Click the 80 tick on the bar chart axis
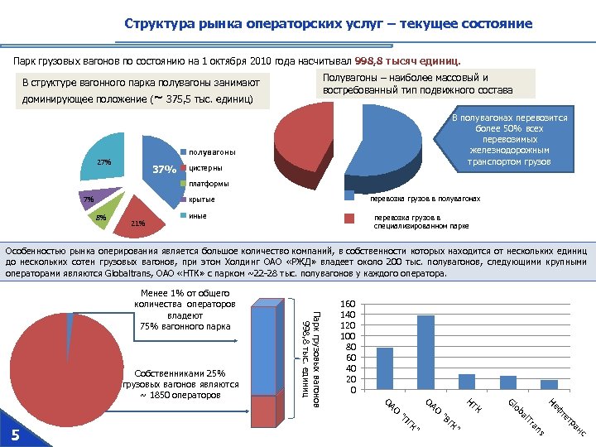(x=349, y=347)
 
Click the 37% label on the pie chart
(x=165, y=171)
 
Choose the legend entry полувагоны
(x=211, y=152)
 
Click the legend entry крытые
(x=202, y=199)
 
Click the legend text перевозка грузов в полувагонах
(x=425, y=199)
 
